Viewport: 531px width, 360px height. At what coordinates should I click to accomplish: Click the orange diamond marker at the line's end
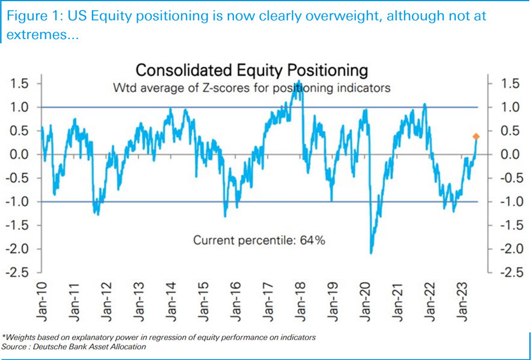476,137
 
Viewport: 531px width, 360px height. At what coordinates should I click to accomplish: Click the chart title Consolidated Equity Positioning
251,70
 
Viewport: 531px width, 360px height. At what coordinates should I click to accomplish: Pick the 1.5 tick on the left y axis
20,83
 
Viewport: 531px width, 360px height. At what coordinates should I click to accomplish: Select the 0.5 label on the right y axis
511,130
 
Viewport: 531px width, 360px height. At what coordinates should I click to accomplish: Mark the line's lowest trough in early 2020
371,252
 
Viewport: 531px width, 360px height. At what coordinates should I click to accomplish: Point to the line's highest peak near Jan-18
299,81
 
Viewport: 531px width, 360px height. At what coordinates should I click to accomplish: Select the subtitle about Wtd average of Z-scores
252,88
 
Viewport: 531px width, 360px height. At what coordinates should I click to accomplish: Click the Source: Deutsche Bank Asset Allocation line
75,347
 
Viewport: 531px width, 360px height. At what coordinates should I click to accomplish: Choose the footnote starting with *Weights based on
159,338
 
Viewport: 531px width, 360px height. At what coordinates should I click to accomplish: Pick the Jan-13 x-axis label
140,298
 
